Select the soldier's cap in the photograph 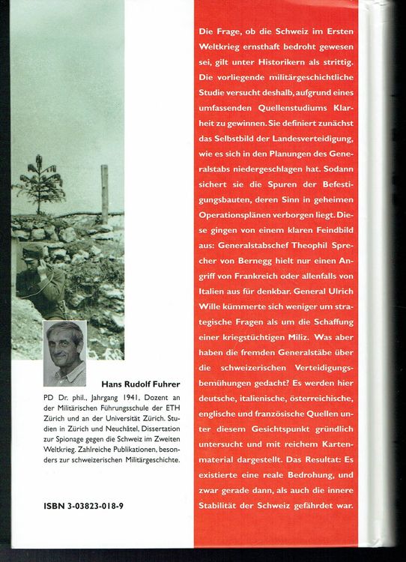(x=31, y=249)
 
